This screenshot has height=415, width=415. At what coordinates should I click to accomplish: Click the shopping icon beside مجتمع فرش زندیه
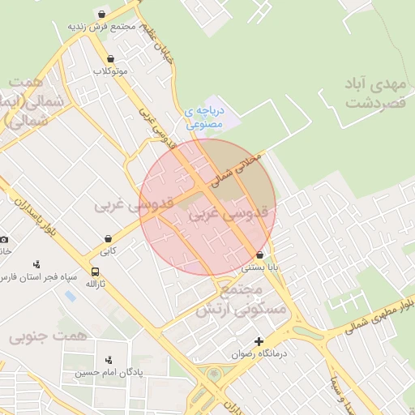pos(101,15)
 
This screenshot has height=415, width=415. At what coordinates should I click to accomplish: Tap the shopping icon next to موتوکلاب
pos(110,59)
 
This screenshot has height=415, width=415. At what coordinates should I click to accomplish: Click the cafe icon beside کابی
pos(108,238)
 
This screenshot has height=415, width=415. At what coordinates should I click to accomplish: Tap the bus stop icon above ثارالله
pos(96,272)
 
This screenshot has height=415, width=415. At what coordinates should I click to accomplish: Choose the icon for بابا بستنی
pos(259,255)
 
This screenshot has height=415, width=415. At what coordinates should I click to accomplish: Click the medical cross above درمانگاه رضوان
pos(259,341)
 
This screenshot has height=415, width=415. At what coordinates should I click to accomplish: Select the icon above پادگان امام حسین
pos(109,360)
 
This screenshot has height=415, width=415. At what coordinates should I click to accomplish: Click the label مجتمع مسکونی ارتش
pos(241,299)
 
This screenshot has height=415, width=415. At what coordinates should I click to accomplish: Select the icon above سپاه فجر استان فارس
pos(37,264)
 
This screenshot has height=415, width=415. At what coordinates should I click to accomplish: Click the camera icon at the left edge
pos(4,239)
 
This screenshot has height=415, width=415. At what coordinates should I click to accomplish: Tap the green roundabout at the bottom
pos(213,374)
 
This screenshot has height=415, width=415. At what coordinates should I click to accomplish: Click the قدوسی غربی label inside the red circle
pos(227,216)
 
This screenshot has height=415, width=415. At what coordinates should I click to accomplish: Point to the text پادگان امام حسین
pos(110,374)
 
